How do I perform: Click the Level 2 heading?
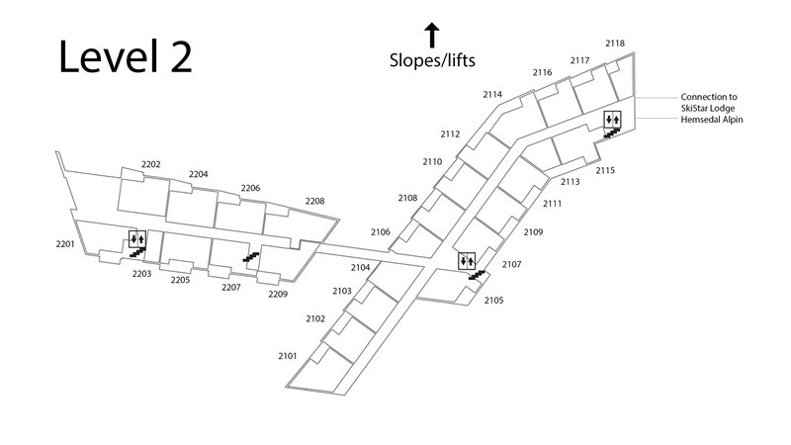(125, 57)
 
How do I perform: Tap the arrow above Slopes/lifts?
(432, 36)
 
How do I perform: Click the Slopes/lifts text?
(432, 61)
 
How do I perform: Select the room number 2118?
(615, 43)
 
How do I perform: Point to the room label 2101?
(288, 354)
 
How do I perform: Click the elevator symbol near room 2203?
(136, 238)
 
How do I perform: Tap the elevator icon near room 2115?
(612, 120)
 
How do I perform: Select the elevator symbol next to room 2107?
(465, 260)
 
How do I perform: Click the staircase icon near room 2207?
(251, 257)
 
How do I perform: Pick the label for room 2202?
(151, 164)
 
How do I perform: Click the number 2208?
(314, 201)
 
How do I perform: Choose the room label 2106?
(381, 231)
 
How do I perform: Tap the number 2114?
(492, 94)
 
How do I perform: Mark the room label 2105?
(494, 300)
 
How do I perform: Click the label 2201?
(65, 243)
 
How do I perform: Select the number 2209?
(278, 294)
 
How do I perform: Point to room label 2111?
(553, 204)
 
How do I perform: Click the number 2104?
(360, 267)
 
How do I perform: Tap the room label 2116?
(542, 72)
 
